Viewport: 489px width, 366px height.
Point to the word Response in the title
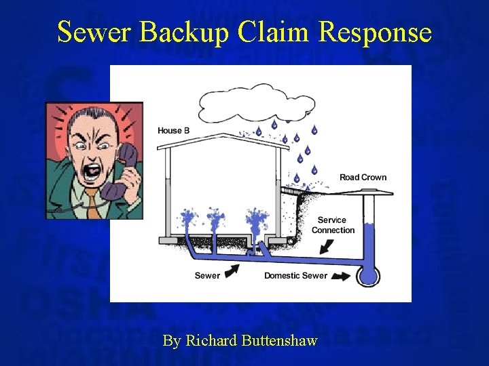click(x=375, y=32)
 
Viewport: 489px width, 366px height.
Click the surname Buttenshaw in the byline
click(x=279, y=340)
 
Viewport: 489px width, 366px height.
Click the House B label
click(x=173, y=131)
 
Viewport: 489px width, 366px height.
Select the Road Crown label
click(x=363, y=178)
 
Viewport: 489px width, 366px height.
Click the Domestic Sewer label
click(x=295, y=276)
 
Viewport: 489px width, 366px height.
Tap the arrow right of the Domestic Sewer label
click(x=343, y=276)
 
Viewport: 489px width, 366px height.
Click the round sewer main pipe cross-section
click(x=369, y=274)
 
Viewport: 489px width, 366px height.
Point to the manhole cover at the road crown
click(x=369, y=192)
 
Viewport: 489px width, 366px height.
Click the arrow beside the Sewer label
click(x=232, y=271)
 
